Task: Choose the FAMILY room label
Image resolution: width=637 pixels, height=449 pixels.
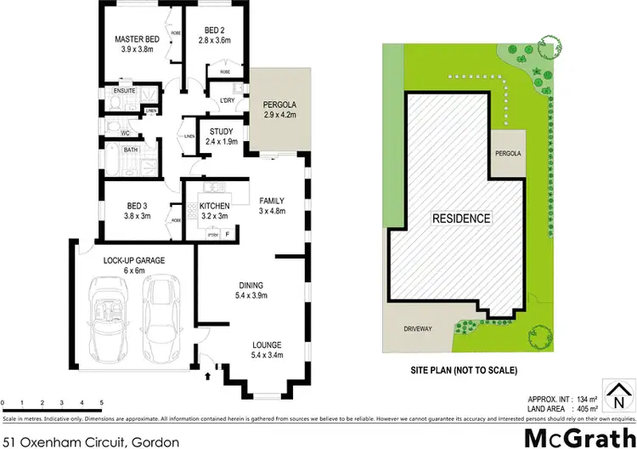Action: tap(272, 201)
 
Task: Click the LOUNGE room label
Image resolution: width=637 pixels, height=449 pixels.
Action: tap(266, 344)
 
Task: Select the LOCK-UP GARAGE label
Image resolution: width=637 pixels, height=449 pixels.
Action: tap(134, 260)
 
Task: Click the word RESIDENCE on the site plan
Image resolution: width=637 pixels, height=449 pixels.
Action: tap(462, 219)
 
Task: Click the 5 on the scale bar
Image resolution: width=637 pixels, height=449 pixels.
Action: tap(101, 401)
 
